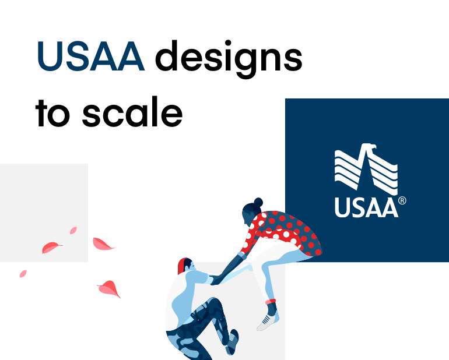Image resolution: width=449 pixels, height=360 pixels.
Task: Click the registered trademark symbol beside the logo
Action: point(402,201)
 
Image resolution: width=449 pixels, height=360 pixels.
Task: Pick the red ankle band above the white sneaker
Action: point(270,302)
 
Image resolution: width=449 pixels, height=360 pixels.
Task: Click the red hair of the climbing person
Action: point(183,265)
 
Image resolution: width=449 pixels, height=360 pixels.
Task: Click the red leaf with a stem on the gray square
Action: point(51,248)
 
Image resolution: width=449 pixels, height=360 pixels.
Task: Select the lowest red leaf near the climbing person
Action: point(109,288)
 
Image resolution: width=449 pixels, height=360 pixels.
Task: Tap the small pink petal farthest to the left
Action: point(23,273)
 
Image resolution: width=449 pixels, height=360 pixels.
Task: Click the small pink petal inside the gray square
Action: point(73,231)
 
